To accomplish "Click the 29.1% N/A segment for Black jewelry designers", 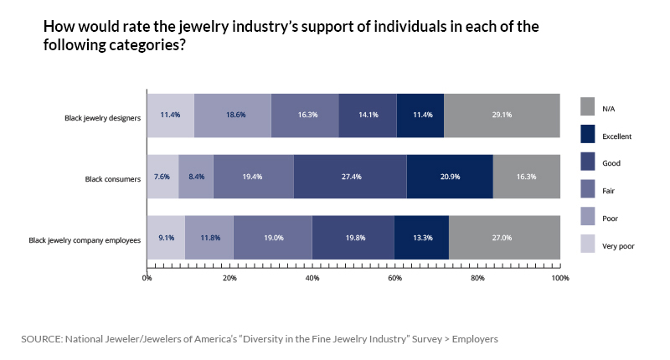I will tap(502, 116).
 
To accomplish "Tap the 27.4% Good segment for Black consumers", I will tap(350, 177).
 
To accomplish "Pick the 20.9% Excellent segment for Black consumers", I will tap(450, 177).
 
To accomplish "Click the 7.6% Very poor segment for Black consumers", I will tap(162, 177).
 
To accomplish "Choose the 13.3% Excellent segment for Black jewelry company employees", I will tap(421, 238).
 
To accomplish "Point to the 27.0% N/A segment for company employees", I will tap(504, 238).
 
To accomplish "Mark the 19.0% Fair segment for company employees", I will tap(272, 238).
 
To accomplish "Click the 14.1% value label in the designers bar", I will tap(368, 116).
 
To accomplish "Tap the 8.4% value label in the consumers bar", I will tap(196, 177).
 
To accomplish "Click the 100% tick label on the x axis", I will tap(559, 277).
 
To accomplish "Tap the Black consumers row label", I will tap(111, 177).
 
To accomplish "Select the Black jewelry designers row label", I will tap(100, 116).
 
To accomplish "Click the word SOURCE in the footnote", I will tap(44, 339).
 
